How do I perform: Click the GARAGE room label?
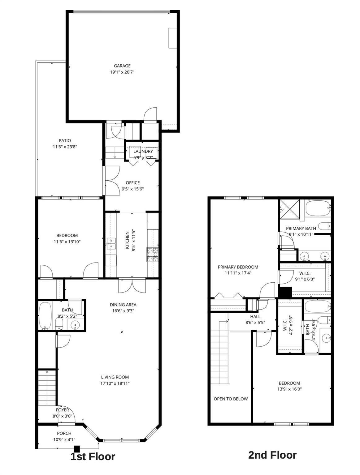click(122, 66)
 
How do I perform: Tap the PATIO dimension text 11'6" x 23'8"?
click(65, 147)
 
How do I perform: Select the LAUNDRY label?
click(143, 151)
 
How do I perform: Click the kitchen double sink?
click(111, 243)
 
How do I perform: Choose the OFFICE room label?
click(133, 182)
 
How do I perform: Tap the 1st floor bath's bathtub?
click(46, 316)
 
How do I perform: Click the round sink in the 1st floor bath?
click(75, 325)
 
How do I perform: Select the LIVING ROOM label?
click(115, 377)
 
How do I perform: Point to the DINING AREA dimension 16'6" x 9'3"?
click(123, 311)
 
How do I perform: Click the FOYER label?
click(63, 410)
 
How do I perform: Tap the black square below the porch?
click(77, 449)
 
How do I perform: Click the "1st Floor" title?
click(93, 456)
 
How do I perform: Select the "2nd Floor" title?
click(272, 455)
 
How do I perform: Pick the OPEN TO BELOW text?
click(231, 399)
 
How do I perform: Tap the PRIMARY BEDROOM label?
click(238, 267)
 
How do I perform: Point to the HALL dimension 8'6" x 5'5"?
click(255, 323)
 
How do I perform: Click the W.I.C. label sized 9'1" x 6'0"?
click(305, 273)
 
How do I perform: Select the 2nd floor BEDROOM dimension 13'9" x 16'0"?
click(289, 389)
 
